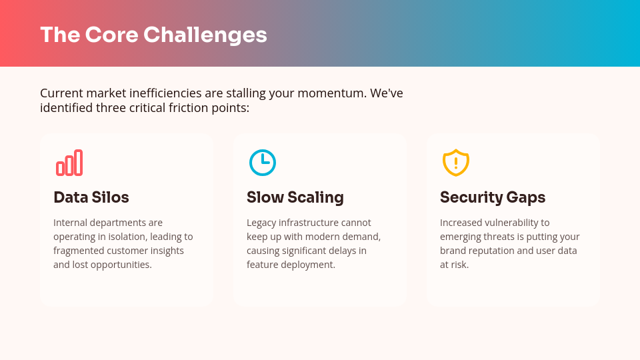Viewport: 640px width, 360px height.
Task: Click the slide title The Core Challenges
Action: [153, 35]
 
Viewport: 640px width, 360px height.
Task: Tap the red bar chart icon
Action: [69, 163]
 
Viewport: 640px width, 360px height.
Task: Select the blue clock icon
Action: [263, 163]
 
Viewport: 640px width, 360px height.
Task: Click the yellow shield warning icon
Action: [456, 163]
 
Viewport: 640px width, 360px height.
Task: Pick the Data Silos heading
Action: [91, 197]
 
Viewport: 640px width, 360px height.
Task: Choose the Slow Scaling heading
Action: [295, 197]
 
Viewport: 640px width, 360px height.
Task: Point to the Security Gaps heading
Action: [493, 197]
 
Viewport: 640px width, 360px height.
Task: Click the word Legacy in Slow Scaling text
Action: [261, 223]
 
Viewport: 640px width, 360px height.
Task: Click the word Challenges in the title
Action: [205, 35]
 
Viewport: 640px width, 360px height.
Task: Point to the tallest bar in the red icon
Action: [78, 163]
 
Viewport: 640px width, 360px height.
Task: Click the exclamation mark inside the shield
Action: [456, 163]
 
